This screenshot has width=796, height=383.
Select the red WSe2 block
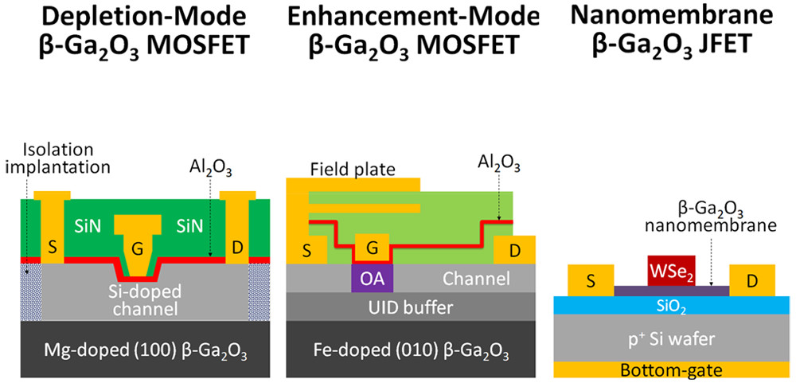click(x=673, y=272)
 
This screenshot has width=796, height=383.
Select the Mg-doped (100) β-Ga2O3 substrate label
click(x=137, y=351)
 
